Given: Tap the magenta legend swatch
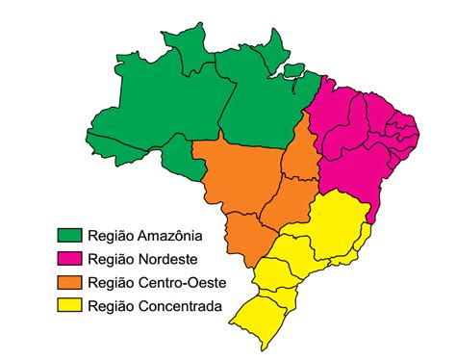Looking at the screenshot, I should coord(69,259).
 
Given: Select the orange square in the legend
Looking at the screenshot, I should coord(69,282).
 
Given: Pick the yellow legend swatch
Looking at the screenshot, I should coord(69,306).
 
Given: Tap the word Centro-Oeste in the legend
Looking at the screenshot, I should coord(181,282).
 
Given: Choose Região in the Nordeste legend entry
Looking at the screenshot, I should coord(110,260).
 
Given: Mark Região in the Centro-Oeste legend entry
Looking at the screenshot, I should coord(110,283).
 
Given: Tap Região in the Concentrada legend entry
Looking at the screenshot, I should coord(110,307).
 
